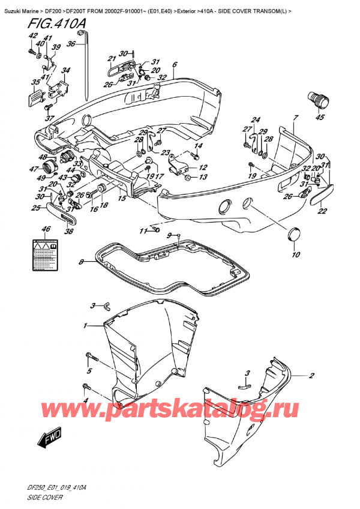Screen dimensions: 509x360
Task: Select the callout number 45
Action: (x=320, y=117)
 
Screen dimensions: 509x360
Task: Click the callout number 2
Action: (x=311, y=376)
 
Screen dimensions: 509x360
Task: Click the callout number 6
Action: (x=175, y=65)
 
